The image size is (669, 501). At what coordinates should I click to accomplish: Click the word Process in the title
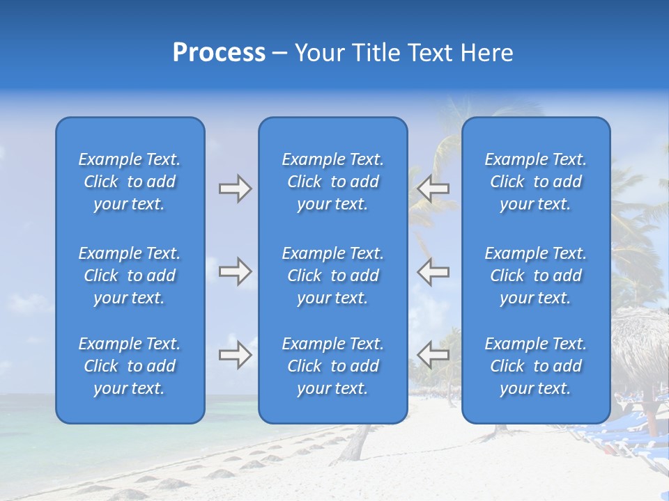tap(219, 53)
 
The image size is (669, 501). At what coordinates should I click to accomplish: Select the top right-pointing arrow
tap(235, 189)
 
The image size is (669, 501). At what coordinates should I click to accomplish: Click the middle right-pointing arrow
tap(235, 271)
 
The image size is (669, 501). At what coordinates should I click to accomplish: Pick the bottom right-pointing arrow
tap(235, 355)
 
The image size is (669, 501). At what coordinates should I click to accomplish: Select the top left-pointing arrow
tap(433, 189)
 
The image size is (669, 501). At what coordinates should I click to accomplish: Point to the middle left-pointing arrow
tap(433, 271)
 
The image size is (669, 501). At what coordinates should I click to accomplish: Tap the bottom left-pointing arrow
tap(433, 355)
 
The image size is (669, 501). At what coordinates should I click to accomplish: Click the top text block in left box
tap(130, 182)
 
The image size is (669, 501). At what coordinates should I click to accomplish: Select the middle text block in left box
tap(130, 276)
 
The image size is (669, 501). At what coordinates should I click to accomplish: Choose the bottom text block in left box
tap(130, 366)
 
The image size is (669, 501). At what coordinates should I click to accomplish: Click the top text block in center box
tap(332, 182)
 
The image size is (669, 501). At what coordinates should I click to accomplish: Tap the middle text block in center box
tap(332, 276)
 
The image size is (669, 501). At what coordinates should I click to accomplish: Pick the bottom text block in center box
tap(332, 366)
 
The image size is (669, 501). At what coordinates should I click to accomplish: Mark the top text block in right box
tap(535, 182)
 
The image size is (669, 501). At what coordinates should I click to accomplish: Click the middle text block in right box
tap(535, 276)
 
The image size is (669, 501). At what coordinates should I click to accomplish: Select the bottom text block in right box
tap(535, 366)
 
